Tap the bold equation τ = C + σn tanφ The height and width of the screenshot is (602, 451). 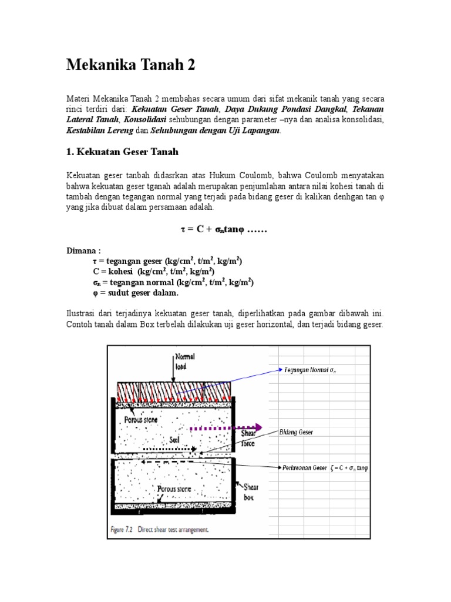coord(223,229)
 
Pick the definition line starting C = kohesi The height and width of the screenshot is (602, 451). coord(153,272)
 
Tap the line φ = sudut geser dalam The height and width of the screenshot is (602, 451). coord(135,293)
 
